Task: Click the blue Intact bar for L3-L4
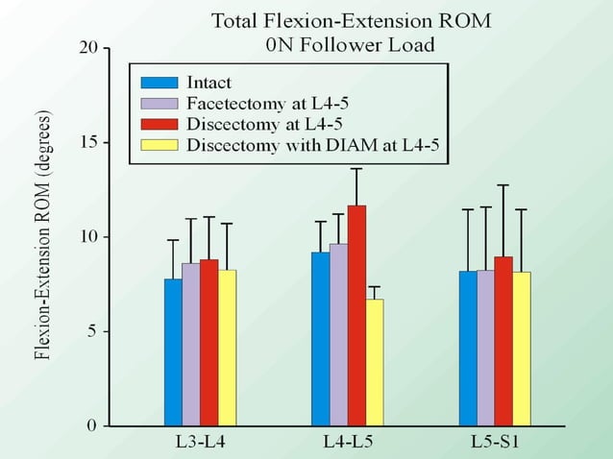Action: point(173,351)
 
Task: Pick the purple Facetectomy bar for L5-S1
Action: point(485,347)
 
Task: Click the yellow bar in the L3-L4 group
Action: point(228,347)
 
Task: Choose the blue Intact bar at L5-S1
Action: point(467,348)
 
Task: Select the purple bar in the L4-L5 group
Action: point(338,334)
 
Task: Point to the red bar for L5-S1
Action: point(503,341)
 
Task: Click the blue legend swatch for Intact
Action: point(159,83)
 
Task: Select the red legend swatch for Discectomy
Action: point(159,125)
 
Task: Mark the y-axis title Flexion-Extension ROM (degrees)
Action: point(42,236)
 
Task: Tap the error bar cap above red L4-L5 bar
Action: point(356,169)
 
